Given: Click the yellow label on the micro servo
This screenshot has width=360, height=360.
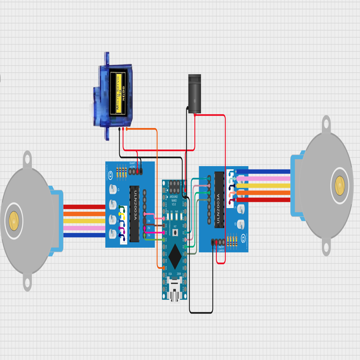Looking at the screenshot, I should (x=118, y=94).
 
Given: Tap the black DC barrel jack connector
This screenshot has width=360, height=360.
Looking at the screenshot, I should (x=194, y=92).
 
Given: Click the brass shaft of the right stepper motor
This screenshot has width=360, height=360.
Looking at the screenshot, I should (x=340, y=185).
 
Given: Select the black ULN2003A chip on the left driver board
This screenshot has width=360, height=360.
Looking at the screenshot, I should (x=134, y=214).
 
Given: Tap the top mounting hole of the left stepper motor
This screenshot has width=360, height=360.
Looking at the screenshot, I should (x=27, y=158).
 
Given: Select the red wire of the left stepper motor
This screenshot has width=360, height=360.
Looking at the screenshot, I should (x=84, y=207).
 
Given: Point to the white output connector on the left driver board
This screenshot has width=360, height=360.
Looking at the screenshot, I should (x=116, y=220).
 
